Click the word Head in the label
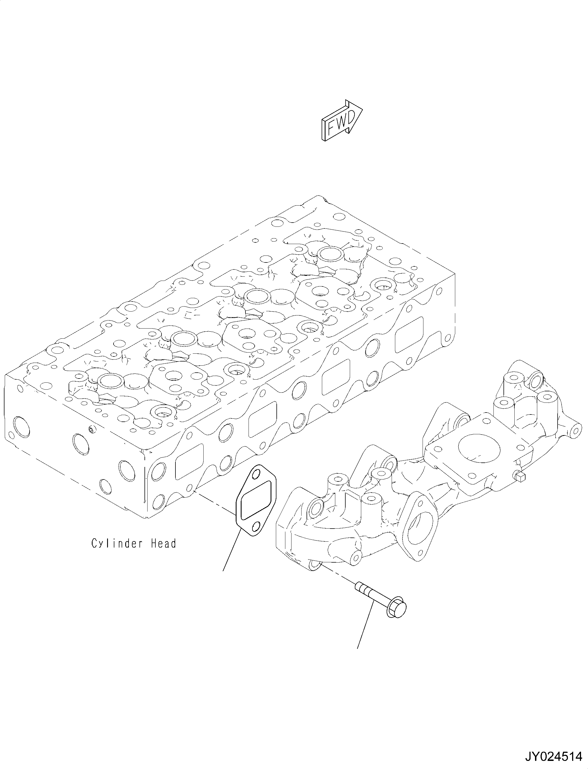(163, 544)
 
